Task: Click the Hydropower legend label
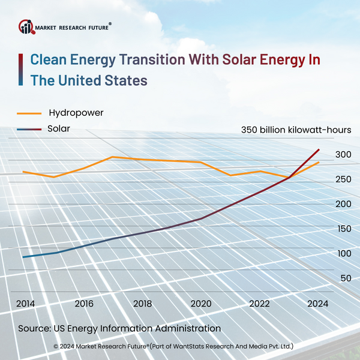pyautogui.click(x=76, y=112)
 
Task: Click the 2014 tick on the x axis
pyautogui.click(x=26, y=303)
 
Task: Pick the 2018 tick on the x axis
pyautogui.click(x=143, y=303)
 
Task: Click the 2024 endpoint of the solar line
pyautogui.click(x=319, y=149)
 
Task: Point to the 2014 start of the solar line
pyautogui.click(x=23, y=257)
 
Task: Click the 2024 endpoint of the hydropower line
pyautogui.click(x=319, y=162)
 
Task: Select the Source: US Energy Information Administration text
pyautogui.click(x=119, y=329)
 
